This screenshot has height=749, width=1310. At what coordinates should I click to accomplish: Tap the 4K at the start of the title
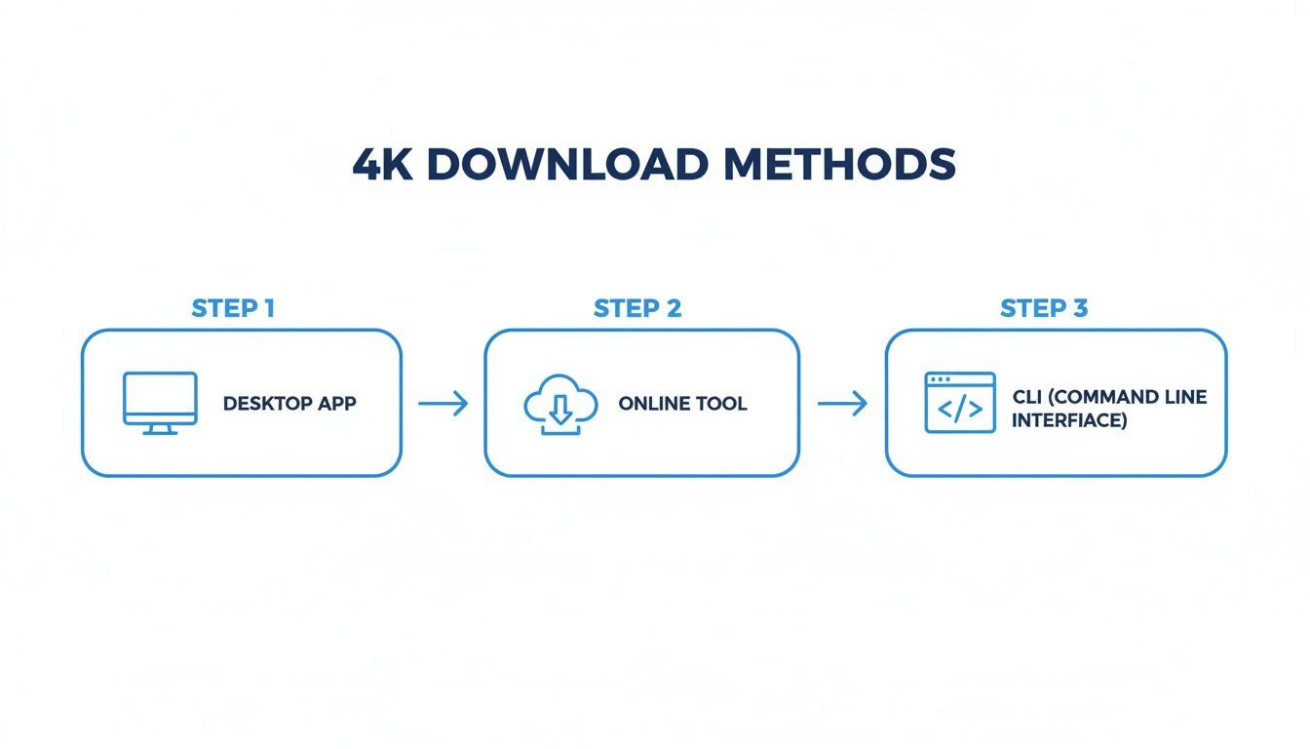click(x=381, y=165)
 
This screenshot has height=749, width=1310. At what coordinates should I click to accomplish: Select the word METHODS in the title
click(x=839, y=165)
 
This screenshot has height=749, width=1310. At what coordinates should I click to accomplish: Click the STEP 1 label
click(x=233, y=309)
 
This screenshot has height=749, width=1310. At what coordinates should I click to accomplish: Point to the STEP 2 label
click(x=637, y=309)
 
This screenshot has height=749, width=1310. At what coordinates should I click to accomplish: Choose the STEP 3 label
click(x=1044, y=309)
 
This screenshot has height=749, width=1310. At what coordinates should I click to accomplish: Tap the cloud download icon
click(x=560, y=405)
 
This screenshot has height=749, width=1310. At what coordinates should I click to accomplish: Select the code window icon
click(x=960, y=403)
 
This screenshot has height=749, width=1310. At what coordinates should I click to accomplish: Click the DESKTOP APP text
click(x=289, y=404)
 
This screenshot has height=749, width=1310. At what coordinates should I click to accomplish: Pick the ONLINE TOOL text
click(x=682, y=404)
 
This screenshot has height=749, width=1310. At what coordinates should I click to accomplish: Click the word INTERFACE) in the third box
click(x=1069, y=421)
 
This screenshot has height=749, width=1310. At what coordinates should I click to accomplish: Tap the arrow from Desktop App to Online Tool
click(x=443, y=404)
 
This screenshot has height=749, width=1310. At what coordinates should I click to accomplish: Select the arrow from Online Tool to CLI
click(x=842, y=404)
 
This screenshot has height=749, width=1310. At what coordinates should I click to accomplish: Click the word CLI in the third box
click(x=1026, y=397)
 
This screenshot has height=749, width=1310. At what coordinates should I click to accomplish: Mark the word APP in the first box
click(x=334, y=404)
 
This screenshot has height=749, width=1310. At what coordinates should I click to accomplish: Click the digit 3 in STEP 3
click(x=1079, y=309)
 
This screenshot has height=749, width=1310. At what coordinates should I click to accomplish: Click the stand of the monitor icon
click(x=160, y=429)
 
